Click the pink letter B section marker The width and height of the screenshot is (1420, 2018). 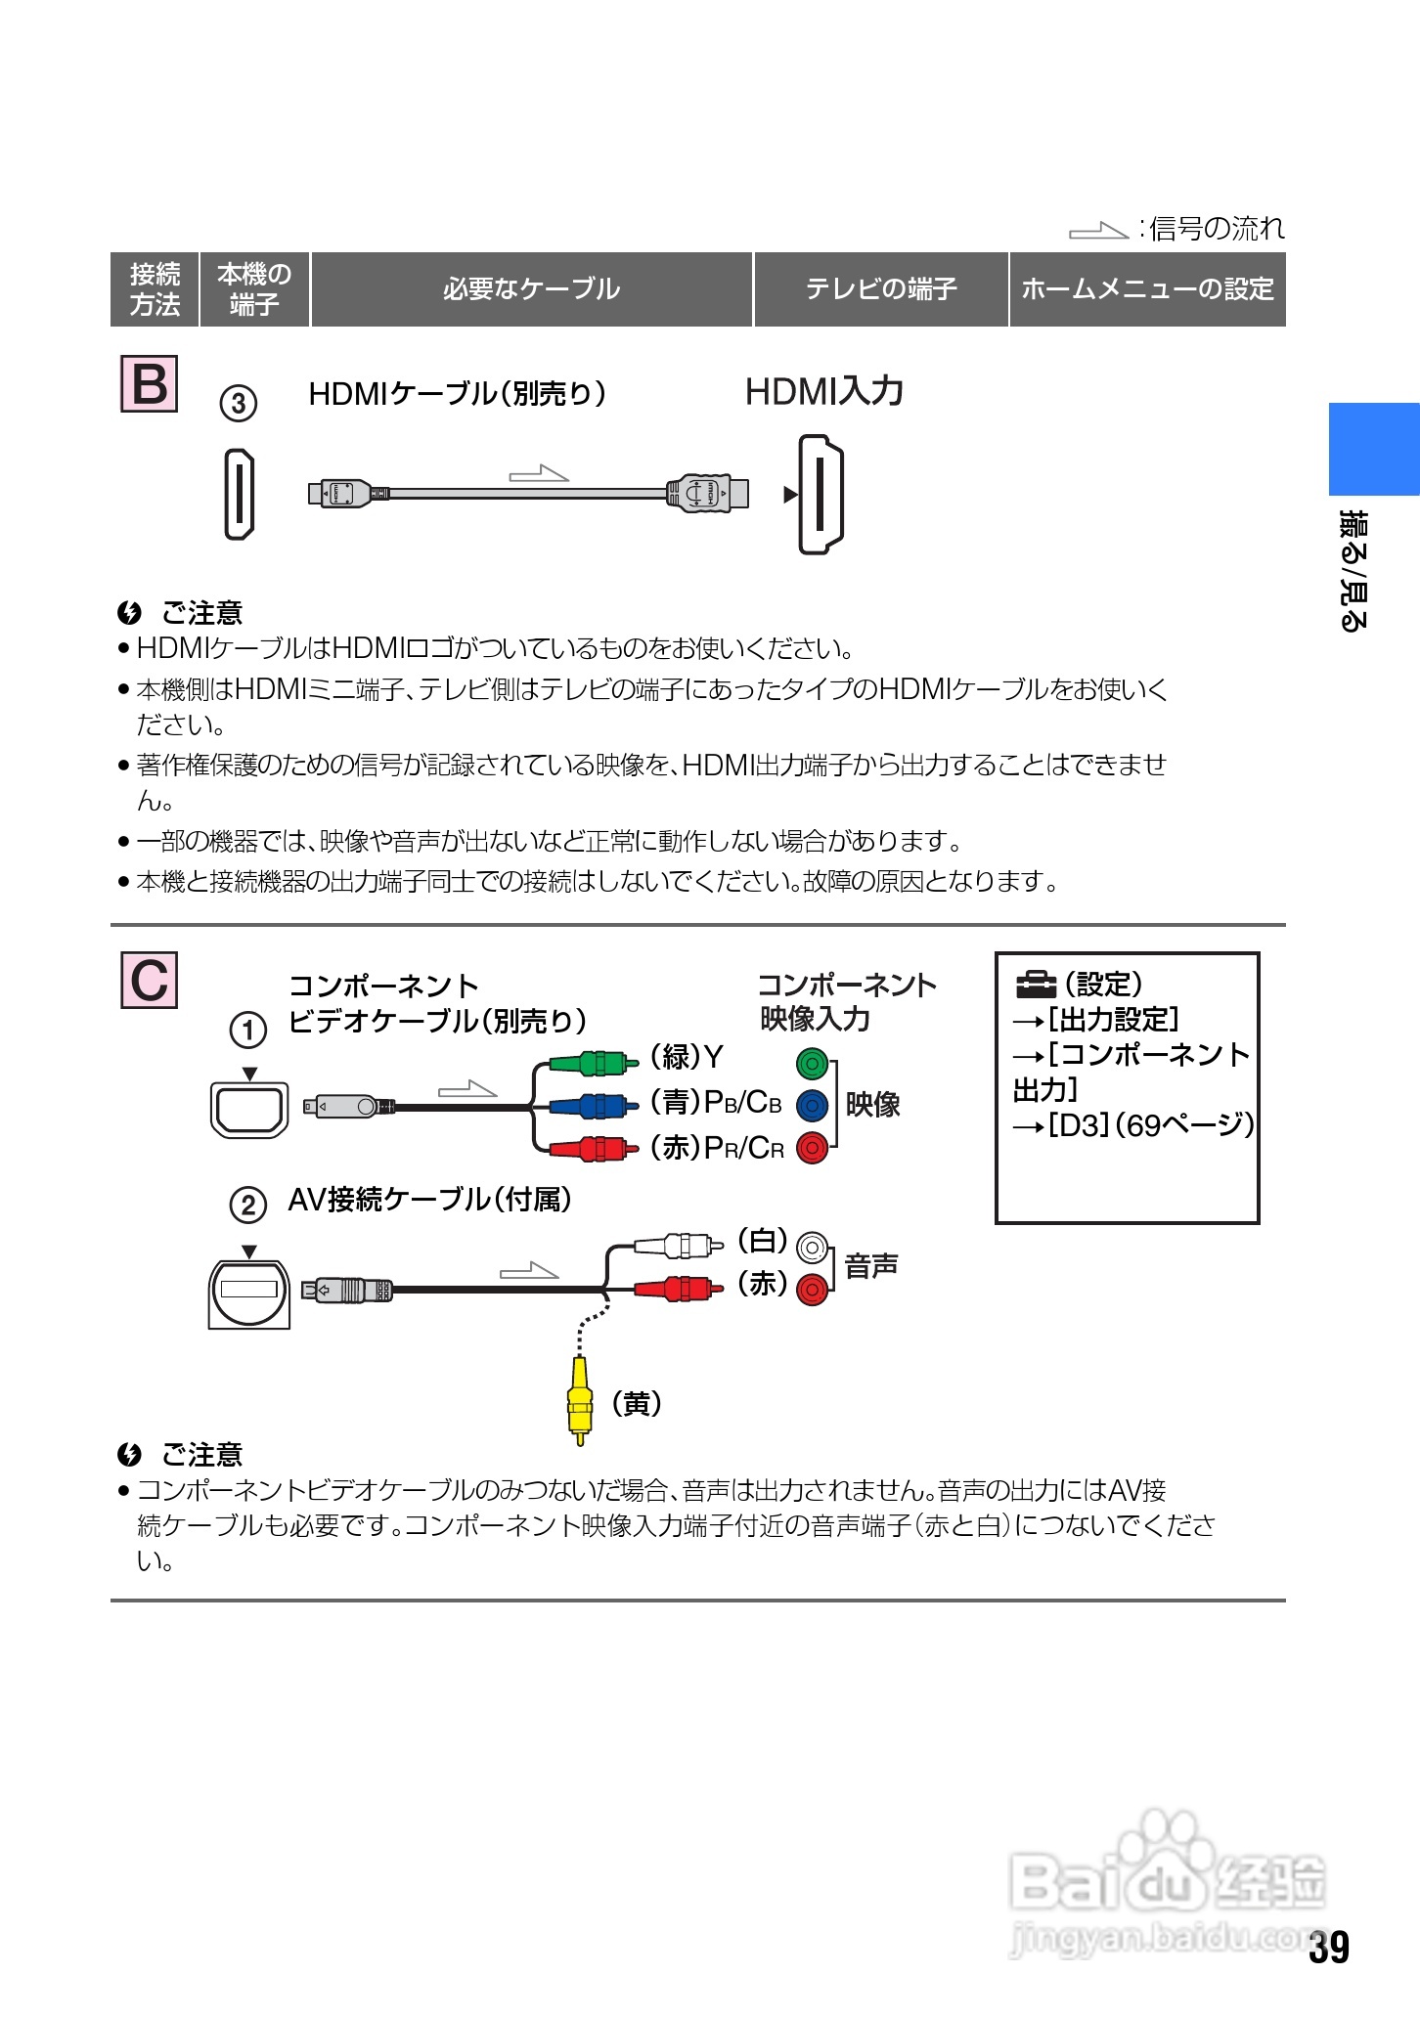pos(149,383)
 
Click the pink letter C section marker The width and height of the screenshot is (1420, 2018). pos(149,979)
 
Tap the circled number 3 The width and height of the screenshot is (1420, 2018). pos(238,403)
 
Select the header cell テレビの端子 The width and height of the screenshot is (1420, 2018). pos(880,289)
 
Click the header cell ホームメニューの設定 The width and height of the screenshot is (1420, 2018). pos(1147,289)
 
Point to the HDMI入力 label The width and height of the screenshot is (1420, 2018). pos(823,391)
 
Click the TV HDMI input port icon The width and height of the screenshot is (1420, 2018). pos(821,495)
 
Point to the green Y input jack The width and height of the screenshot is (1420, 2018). pos(812,1063)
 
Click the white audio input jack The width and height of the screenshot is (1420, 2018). pos(812,1247)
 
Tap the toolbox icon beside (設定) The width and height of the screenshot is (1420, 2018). pos(1037,982)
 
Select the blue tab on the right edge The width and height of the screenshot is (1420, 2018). pos(1373,449)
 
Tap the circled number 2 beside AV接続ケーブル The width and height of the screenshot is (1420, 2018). pos(247,1205)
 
